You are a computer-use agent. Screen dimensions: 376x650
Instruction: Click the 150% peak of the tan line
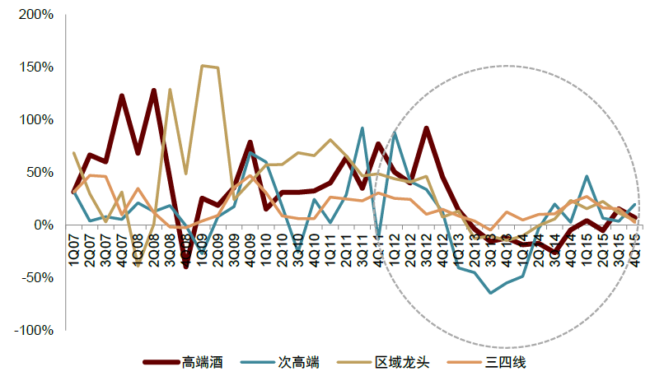(203, 66)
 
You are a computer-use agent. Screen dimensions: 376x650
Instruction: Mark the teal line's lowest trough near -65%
(491, 293)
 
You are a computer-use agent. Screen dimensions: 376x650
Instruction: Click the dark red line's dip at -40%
(186, 267)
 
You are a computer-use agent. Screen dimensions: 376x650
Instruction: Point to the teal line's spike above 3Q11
(362, 128)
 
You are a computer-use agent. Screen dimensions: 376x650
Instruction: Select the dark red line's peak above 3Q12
(427, 128)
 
